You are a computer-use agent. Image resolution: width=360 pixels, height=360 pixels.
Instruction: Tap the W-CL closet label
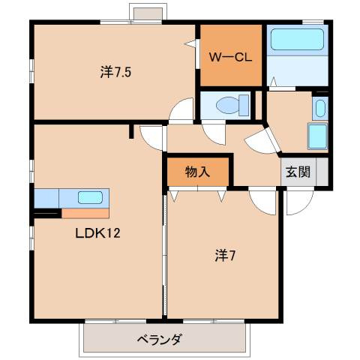coord(229,56)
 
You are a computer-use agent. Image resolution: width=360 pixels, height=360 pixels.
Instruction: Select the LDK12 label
coord(97,233)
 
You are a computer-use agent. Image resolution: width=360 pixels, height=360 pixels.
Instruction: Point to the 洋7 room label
coord(226,254)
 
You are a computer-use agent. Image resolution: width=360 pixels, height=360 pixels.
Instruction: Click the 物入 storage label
coord(197,171)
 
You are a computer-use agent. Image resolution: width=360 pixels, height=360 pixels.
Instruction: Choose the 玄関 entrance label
coord(298,171)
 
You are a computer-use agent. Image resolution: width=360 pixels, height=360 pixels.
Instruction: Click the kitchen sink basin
coord(90,198)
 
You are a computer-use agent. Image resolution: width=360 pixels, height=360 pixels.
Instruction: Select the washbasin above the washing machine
coord(320,108)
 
